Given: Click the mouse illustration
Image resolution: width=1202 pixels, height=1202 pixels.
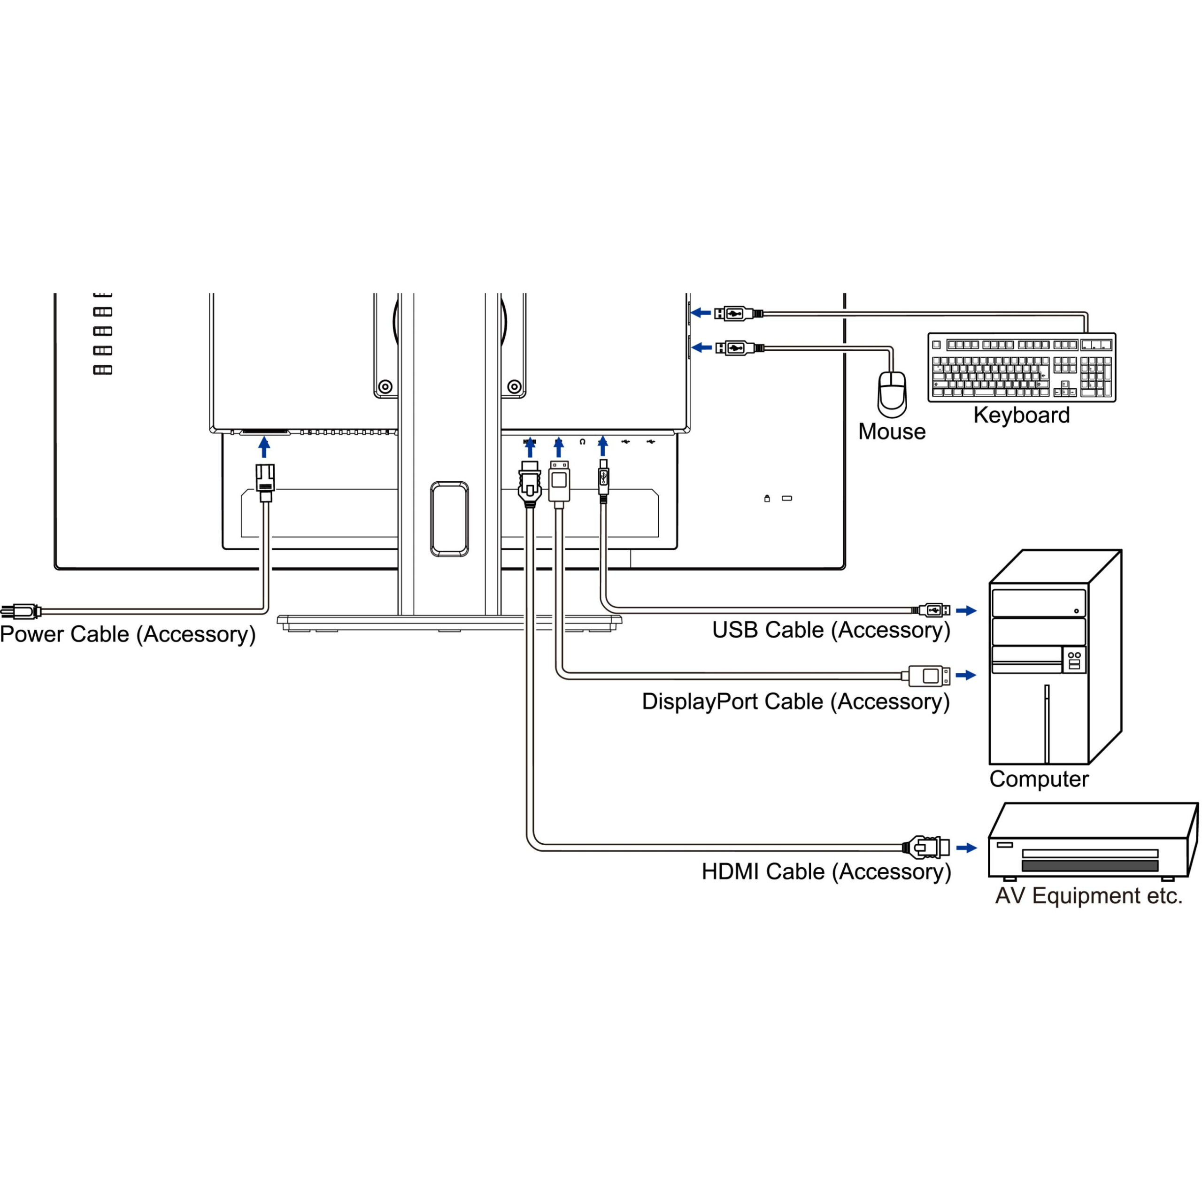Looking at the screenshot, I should pos(892,394).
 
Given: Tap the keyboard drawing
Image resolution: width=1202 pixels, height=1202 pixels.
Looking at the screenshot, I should pos(1022,367).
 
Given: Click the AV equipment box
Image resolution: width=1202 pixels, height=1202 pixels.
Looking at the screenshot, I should pos(1092,841).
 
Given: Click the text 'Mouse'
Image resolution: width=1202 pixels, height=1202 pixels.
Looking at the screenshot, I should pos(892,432).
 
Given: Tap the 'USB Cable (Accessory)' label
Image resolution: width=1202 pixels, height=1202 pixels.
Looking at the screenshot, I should pos(831,630).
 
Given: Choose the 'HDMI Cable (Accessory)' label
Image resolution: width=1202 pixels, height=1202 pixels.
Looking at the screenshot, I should pos(826,871).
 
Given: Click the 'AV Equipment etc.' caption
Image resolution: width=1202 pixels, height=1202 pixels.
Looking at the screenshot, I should pos(1089,896).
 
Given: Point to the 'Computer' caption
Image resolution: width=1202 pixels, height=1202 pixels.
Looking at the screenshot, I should pos(1039,779).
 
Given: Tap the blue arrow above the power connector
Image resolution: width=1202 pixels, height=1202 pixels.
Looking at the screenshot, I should pos(264,447).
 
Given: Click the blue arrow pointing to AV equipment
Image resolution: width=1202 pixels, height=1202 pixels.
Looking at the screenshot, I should pos(966,848).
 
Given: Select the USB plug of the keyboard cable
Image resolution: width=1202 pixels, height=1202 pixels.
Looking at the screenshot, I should pos(738,314).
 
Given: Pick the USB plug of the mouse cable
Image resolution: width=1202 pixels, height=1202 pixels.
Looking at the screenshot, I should pos(739,348).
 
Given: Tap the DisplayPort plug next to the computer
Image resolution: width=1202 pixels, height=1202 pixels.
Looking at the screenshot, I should pos(928,676).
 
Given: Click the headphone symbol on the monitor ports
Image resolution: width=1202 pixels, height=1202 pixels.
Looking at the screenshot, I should pos(582,442).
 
